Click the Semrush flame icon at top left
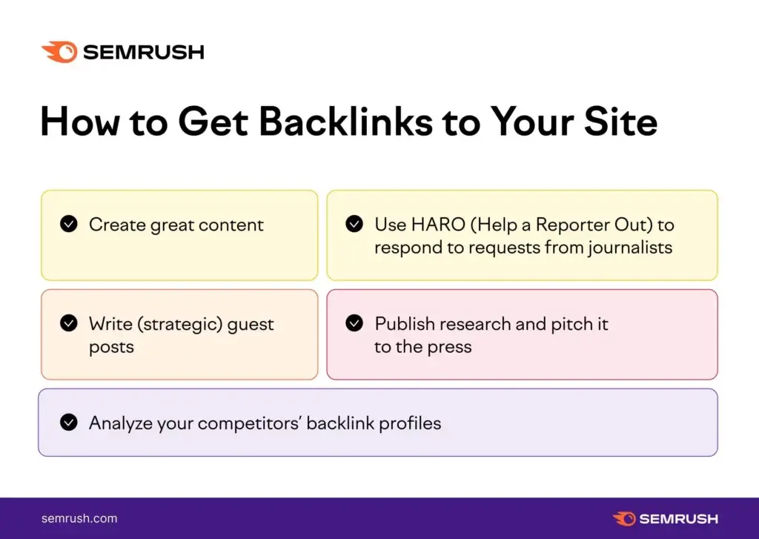pos(59,52)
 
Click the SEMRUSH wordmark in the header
pos(143,53)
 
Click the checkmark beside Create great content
pos(69,224)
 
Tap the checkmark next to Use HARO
pos(354,224)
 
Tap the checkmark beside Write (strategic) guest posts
pos(69,323)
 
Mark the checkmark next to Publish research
pos(354,323)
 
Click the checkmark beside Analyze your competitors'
pos(69,423)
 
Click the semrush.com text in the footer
pos(79,518)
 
